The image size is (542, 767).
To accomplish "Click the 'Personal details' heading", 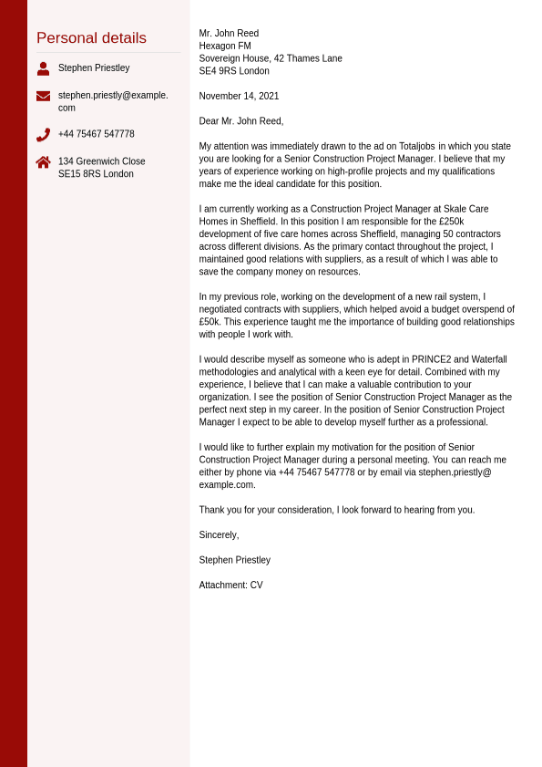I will pos(91,38).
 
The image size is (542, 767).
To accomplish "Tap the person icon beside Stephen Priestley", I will pos(43,68).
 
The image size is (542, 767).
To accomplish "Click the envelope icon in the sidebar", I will pos(43,96).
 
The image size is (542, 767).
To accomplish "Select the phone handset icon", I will pos(43,135).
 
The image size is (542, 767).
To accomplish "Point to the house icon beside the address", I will pos(43,162).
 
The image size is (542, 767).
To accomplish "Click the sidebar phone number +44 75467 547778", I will pos(96,134).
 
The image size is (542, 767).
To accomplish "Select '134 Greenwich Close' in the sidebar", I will pos(101,161).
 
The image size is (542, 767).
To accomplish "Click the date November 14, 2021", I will pos(239,96).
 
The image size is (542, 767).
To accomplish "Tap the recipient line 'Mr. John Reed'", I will pos(229,34).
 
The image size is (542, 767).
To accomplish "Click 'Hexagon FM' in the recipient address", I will pos(225,47).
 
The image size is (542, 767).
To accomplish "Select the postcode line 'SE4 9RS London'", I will pos(234,71).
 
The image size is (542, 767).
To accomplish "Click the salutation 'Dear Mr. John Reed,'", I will pos(241,121).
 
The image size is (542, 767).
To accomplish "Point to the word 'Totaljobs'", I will pos(416,147).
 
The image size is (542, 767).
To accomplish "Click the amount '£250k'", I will pos(451,222).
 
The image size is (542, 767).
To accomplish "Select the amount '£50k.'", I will pos(211,322).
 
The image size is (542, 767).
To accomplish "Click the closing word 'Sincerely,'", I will pos(219,535).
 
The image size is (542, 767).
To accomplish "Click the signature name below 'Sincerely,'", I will pos(234,560).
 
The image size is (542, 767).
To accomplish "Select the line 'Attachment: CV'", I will pos(230,586).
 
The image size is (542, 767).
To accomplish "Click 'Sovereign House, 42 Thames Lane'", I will pos(271,58).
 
